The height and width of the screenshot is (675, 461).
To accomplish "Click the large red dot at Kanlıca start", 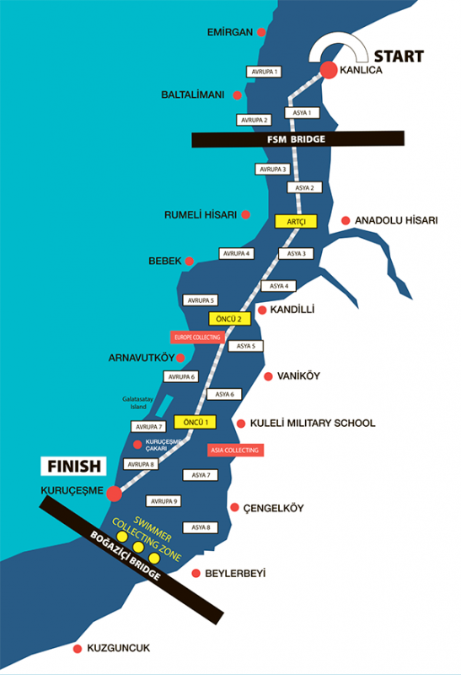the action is (329, 70).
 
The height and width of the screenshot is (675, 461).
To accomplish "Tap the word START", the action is (399, 57).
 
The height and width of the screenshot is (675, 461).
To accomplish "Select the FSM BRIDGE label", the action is (298, 139).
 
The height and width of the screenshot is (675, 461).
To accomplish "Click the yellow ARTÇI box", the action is (296, 221).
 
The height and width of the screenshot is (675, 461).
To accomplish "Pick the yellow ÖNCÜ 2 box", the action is (229, 319).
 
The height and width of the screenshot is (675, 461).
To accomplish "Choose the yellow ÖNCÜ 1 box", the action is (195, 422).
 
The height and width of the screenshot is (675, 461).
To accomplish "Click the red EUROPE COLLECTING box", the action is (197, 337).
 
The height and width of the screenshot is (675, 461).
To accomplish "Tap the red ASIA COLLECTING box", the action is (235, 451).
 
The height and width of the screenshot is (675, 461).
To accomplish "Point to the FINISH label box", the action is (73, 466).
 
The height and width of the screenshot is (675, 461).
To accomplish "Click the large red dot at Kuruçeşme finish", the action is (114, 494).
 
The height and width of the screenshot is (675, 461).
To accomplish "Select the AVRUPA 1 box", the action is (264, 72).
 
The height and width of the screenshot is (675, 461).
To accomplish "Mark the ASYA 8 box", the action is (201, 527).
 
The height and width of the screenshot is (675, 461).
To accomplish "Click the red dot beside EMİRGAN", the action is (261, 32).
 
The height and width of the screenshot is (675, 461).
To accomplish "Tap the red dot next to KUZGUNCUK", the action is (78, 649).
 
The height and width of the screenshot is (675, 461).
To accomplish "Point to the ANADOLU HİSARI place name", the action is (396, 220).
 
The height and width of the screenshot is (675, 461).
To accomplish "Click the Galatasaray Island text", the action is (137, 403).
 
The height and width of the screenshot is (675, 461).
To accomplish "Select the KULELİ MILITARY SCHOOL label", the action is (313, 424).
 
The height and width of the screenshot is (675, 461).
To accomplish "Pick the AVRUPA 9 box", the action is (163, 501).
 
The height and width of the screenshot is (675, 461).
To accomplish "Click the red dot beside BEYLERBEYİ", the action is (196, 573).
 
